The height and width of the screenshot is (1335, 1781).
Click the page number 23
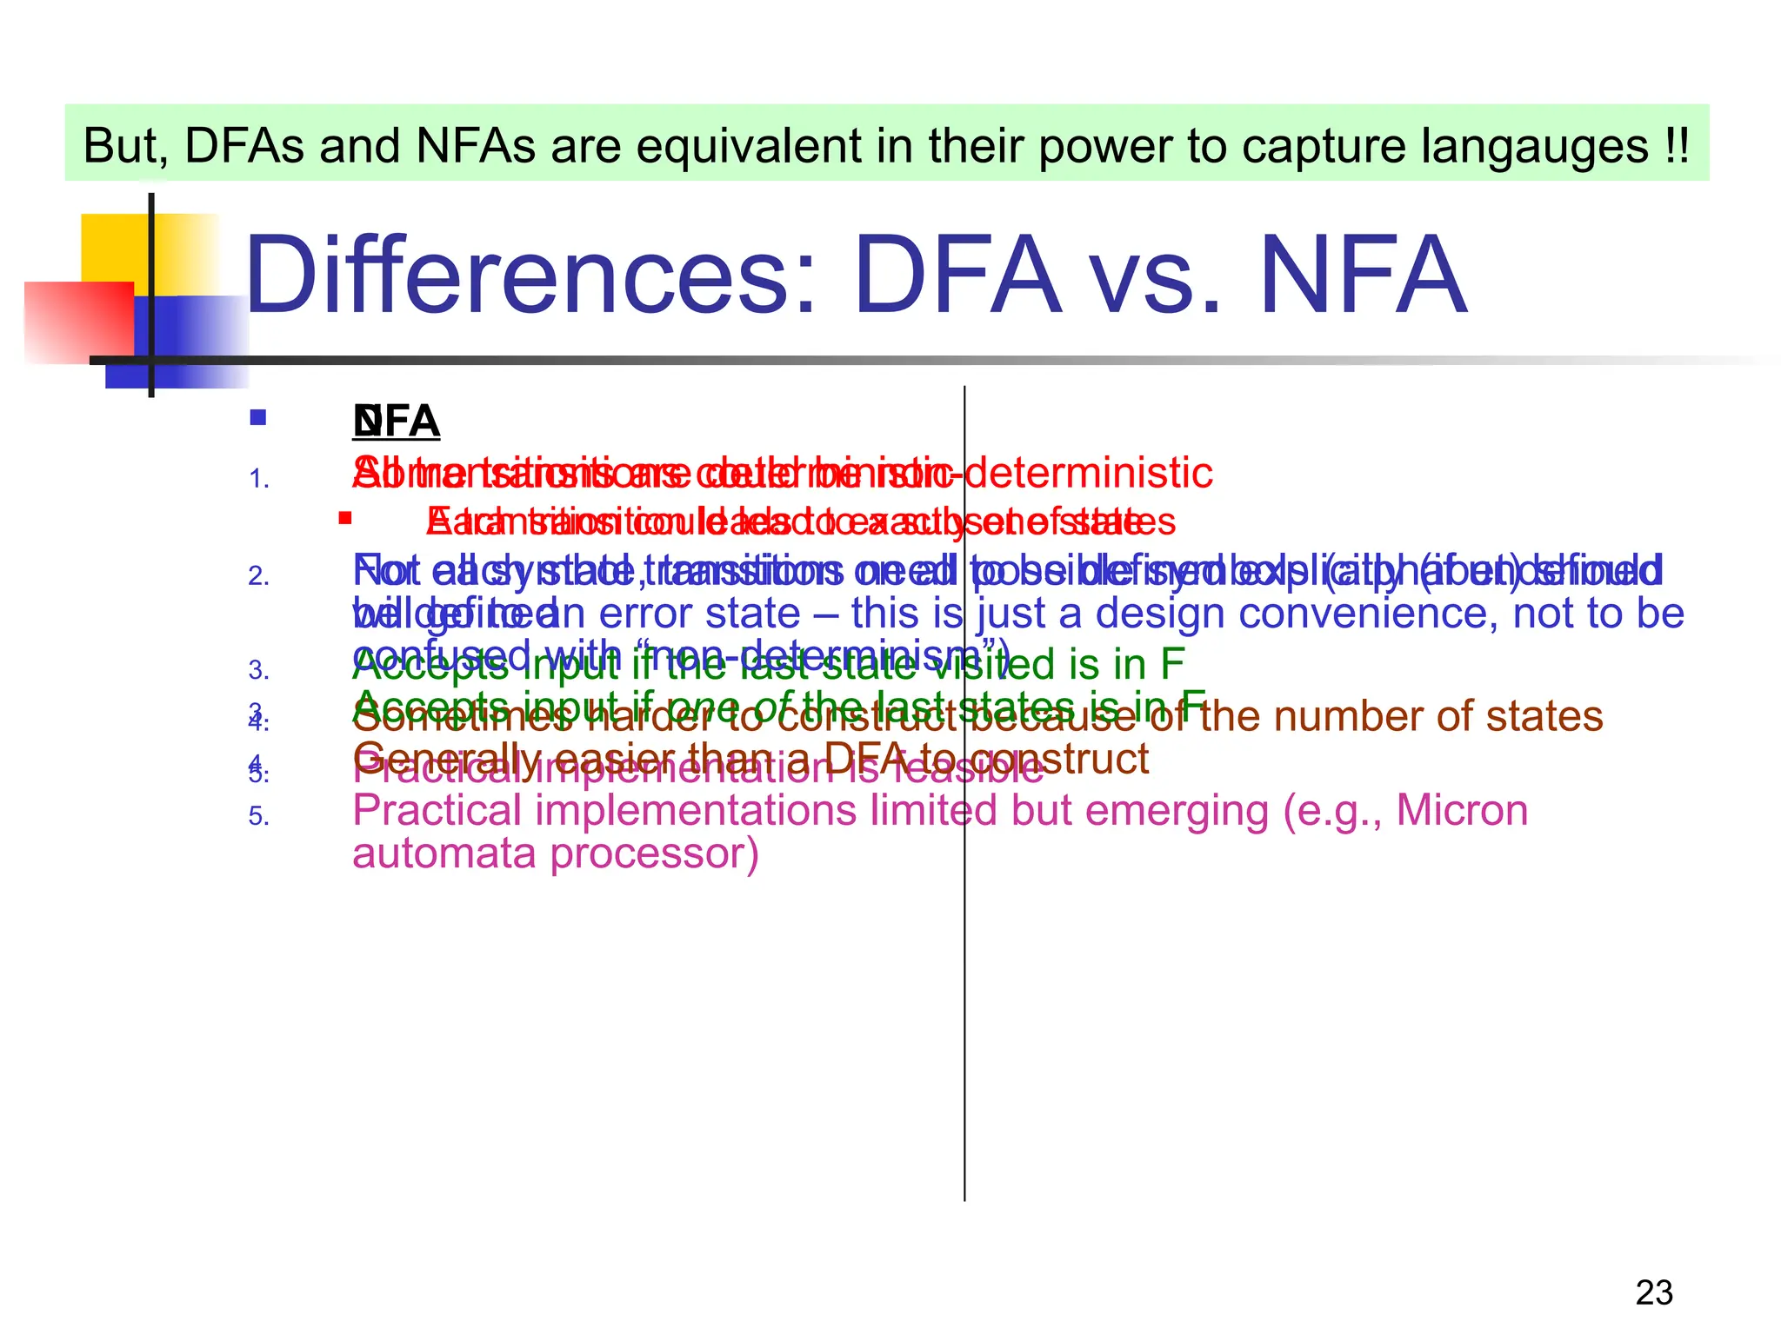pos(1653,1292)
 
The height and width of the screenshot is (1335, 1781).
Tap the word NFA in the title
pos(1363,276)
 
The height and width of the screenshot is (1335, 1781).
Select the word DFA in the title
pos(957,276)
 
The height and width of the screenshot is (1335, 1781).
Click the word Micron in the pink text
pos(1462,811)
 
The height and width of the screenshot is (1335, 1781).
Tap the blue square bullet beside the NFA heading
pos(257,418)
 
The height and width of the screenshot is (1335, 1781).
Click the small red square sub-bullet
pos(345,518)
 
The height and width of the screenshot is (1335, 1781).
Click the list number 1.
pos(258,479)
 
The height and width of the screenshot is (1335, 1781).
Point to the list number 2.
pos(258,576)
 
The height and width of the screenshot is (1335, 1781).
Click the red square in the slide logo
pos(78,322)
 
